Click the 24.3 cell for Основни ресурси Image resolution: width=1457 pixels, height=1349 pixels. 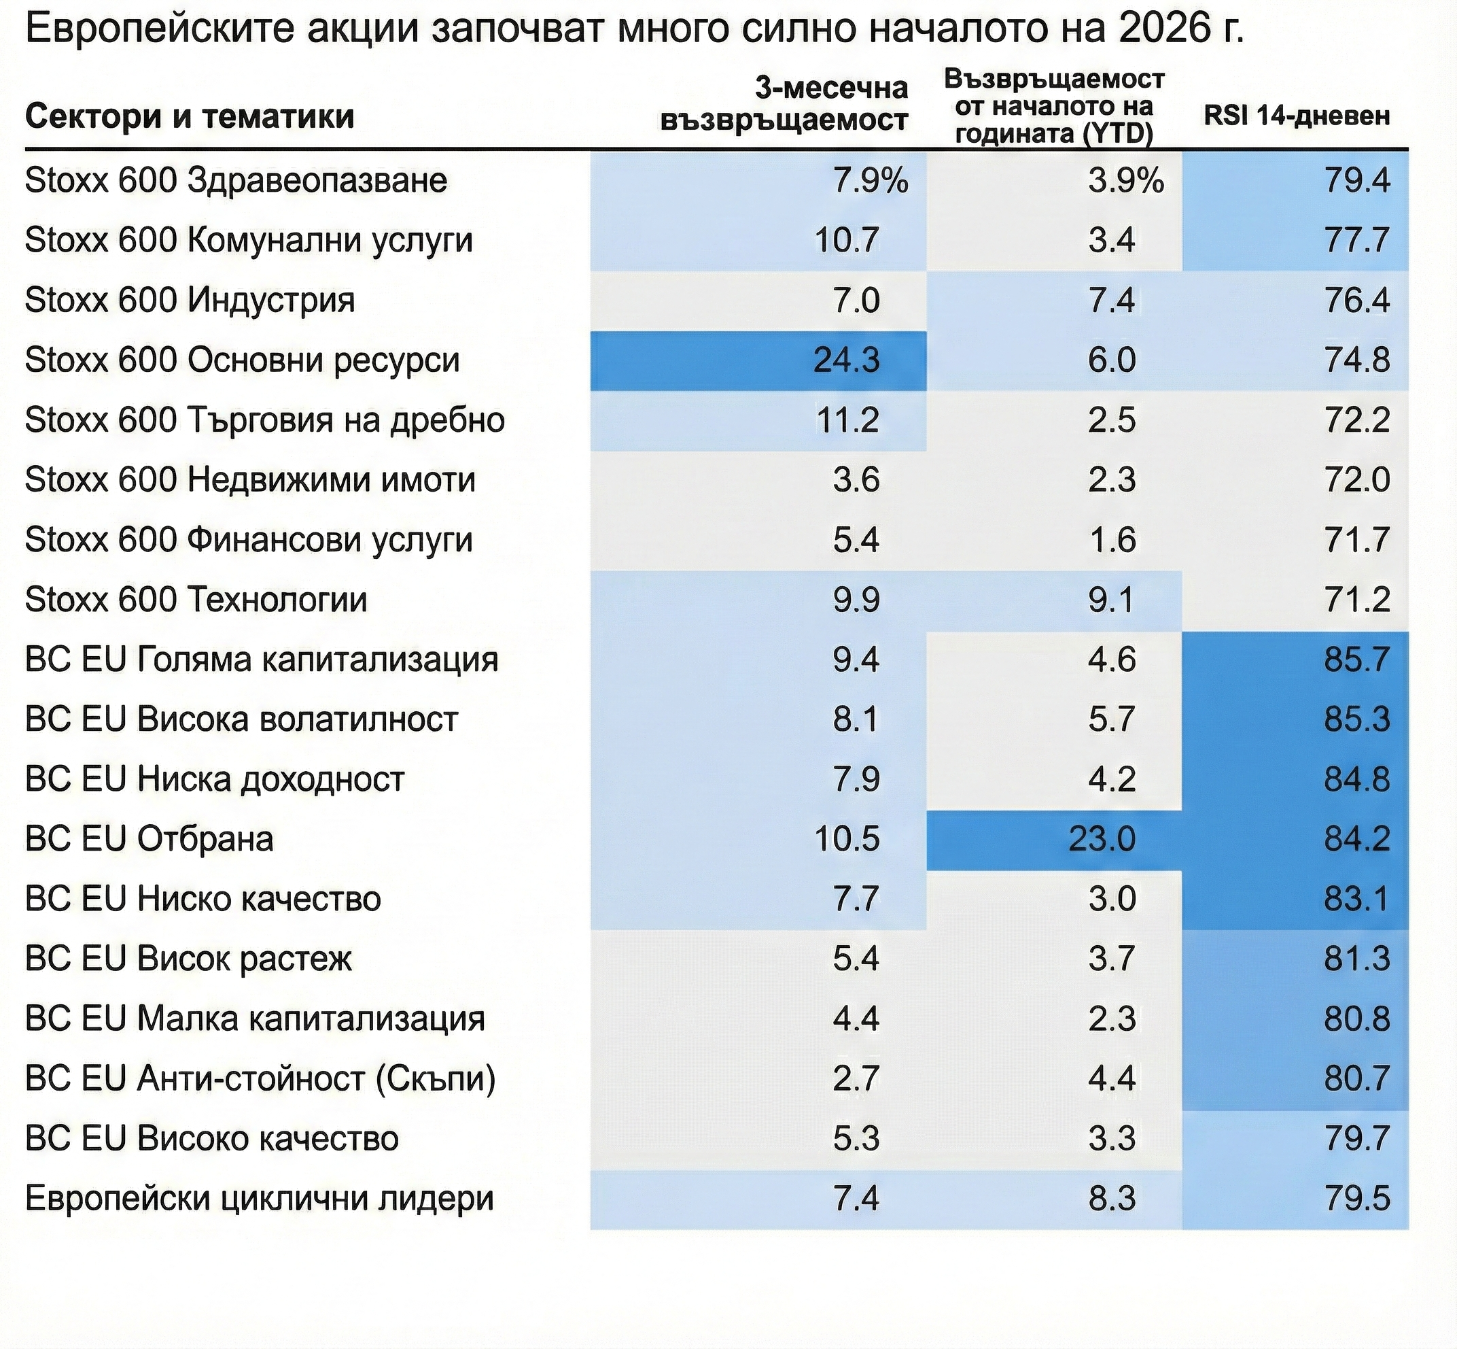846,360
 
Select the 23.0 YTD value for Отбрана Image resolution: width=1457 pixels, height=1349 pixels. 1102,840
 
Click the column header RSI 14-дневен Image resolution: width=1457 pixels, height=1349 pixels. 1296,116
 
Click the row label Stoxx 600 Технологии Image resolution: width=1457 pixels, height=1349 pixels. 196,600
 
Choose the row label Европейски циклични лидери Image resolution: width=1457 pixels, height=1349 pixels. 259,1199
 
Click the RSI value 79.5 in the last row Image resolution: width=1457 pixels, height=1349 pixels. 1357,1199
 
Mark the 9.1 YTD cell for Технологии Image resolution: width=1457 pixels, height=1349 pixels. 1111,600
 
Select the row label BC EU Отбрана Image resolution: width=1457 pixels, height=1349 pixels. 149,840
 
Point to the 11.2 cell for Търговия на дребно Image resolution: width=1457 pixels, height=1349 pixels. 846,420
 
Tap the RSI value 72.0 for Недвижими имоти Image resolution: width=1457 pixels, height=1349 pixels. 1357,480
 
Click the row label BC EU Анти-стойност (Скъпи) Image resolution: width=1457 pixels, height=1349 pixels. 260,1079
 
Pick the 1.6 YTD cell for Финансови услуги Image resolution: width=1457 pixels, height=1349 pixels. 1111,540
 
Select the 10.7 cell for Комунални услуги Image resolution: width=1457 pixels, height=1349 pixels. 846,241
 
